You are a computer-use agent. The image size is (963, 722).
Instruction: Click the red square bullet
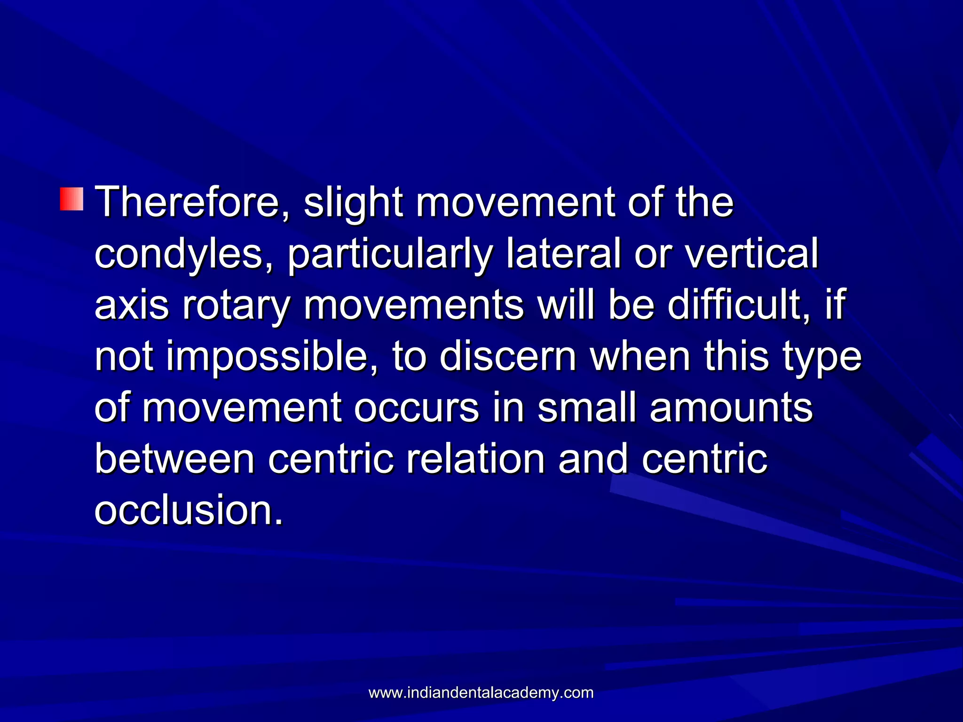pyautogui.click(x=71, y=199)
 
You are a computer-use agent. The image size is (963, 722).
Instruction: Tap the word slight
pyautogui.click(x=353, y=203)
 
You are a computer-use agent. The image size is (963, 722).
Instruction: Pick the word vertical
pyautogui.click(x=751, y=253)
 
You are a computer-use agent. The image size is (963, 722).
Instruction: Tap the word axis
pyautogui.click(x=132, y=305)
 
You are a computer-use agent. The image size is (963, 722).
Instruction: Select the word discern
pyautogui.click(x=508, y=356)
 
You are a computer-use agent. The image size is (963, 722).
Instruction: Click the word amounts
pyautogui.click(x=731, y=408)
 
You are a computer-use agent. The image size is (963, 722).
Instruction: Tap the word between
pyautogui.click(x=174, y=459)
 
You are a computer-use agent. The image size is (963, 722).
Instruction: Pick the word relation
pyautogui.click(x=475, y=459)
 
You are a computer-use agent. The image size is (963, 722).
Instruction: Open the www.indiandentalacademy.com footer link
pyautogui.click(x=481, y=693)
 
